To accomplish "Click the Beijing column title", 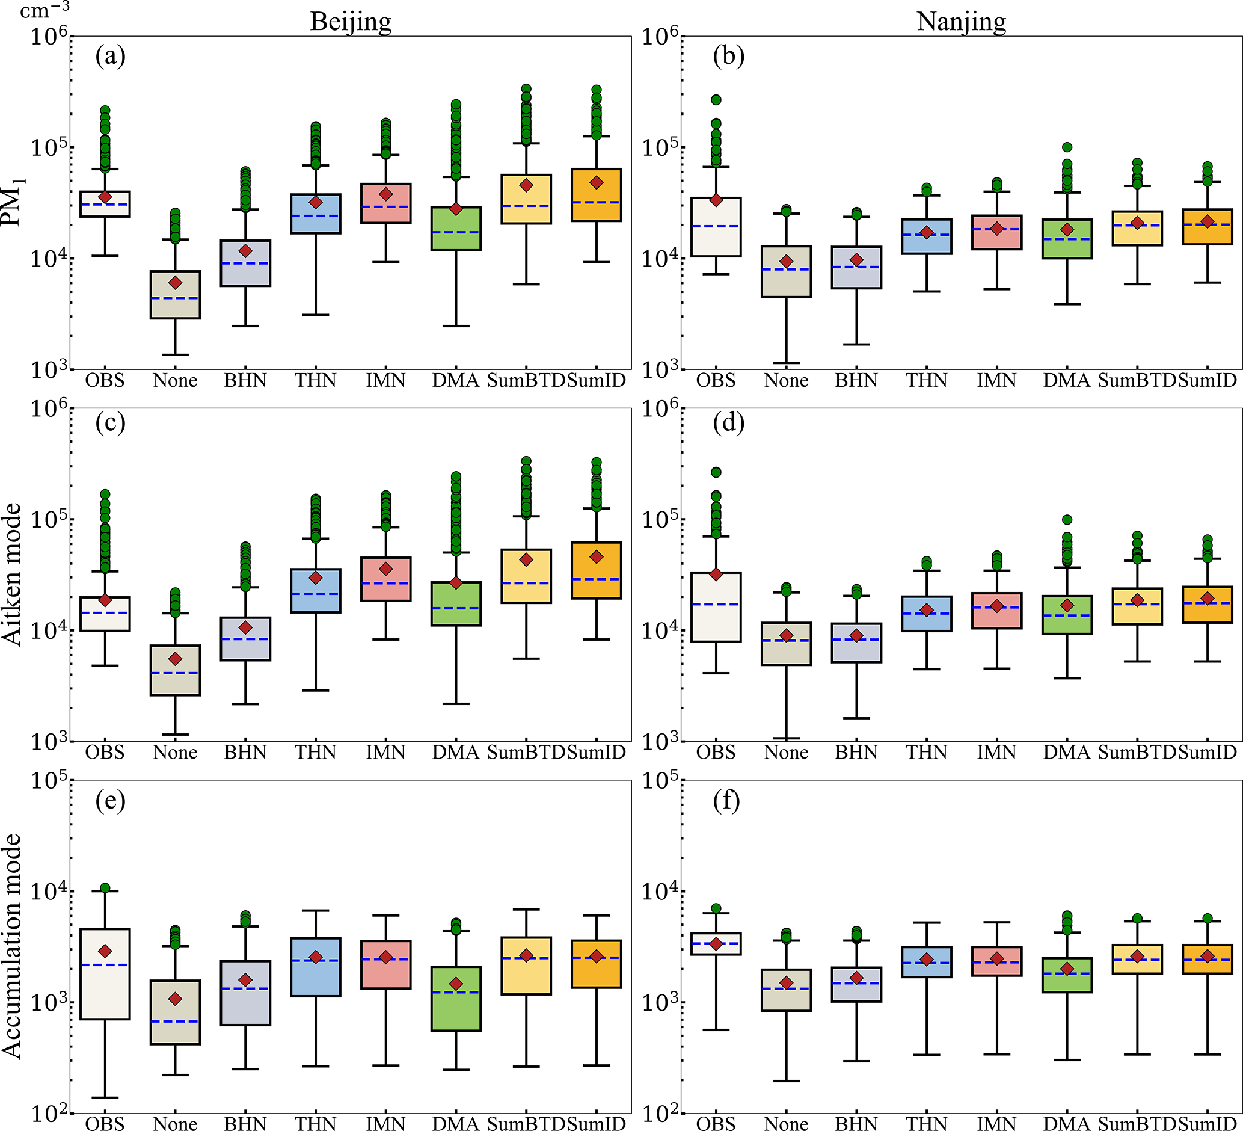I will point(350,22).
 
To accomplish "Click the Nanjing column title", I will point(961,22).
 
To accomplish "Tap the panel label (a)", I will point(111,56).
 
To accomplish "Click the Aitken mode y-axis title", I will point(13,575).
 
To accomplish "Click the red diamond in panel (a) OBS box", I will point(105,197).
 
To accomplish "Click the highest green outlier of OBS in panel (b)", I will point(716,100).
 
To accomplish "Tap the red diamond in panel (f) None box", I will point(786,983).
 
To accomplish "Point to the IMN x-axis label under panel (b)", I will point(996,380).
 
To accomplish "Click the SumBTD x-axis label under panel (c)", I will point(526,753).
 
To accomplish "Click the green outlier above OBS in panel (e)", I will point(105,888).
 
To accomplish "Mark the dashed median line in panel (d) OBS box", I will point(716,604).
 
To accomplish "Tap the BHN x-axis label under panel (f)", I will point(856,1124).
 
